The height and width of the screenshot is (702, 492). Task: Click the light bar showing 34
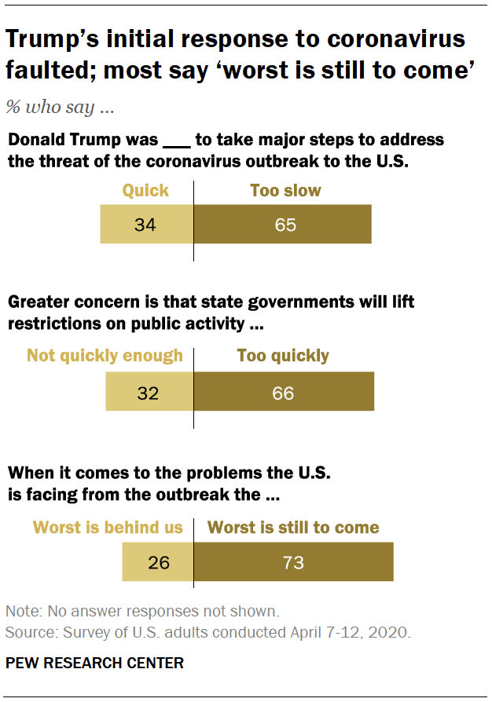coord(146,225)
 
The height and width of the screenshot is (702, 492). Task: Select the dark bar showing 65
coord(282,225)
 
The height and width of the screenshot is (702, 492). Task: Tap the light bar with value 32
coord(149,392)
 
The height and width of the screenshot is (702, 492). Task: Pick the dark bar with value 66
coord(284,392)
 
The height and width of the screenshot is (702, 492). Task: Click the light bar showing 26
coord(157,562)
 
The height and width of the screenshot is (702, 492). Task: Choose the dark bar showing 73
coord(293,562)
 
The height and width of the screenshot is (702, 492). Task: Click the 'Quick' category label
coord(145,190)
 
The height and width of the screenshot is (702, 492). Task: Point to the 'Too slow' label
coord(285,190)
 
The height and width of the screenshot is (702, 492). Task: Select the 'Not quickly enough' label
coord(105,356)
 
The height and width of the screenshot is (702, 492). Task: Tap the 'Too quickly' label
coord(283,356)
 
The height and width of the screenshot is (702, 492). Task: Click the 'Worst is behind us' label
coord(107,527)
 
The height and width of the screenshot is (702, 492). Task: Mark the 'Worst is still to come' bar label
coord(293,527)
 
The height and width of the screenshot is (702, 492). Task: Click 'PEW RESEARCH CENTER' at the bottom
coord(94,664)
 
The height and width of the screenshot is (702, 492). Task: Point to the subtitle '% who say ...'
coord(60,108)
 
